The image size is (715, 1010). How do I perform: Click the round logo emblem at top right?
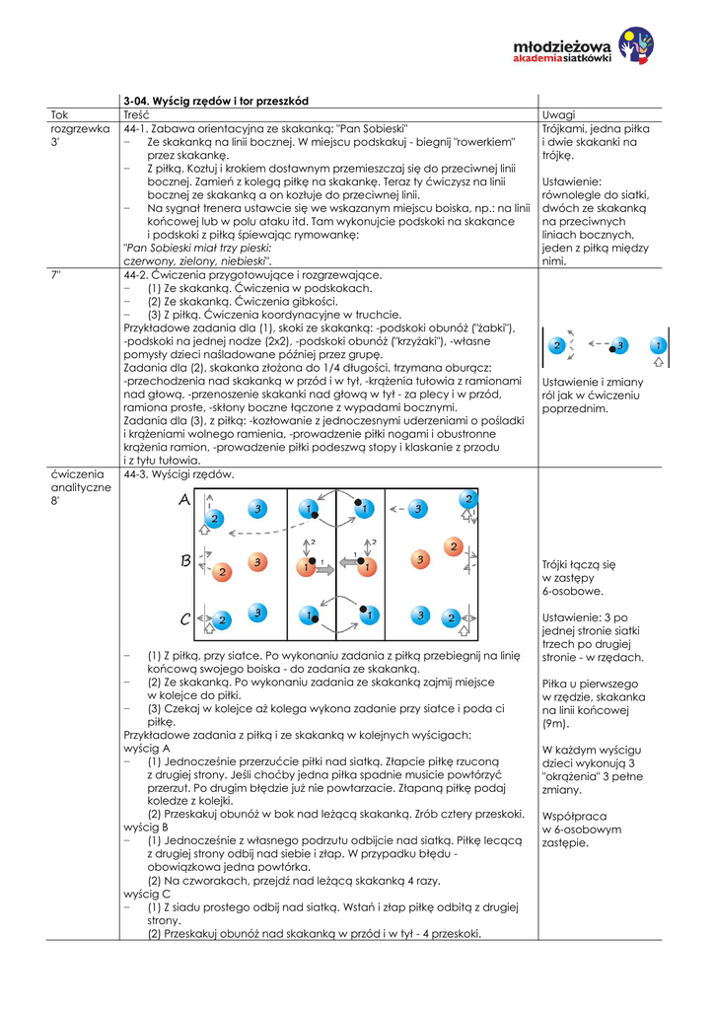coord(635,44)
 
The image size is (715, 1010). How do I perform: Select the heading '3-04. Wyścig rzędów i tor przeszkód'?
coord(216,102)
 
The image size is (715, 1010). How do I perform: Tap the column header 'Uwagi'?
coord(558,115)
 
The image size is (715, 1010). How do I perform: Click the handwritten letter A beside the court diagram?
coord(185,501)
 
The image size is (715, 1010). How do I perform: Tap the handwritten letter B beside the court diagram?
coord(185,561)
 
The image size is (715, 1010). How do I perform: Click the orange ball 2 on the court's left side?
coord(223,571)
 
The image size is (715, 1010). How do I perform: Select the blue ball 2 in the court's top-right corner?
coord(469,500)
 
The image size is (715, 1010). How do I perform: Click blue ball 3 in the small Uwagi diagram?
coord(619,345)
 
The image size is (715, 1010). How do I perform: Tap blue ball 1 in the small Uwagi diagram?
coord(658,345)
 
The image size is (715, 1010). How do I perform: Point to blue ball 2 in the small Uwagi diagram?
coord(559,345)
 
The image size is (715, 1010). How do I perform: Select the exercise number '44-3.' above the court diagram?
coord(136,474)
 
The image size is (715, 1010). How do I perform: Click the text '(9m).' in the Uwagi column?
coord(555,723)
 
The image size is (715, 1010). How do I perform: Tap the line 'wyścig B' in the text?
coord(146,827)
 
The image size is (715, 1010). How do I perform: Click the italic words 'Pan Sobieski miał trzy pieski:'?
coord(197,249)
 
